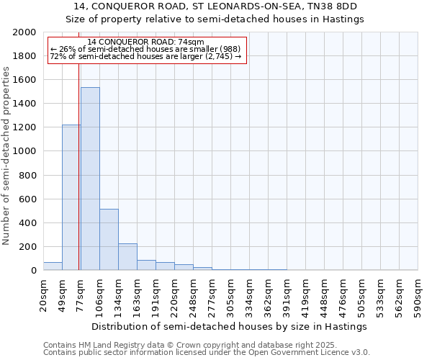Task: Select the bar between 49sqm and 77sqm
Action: point(71,197)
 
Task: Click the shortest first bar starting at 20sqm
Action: point(53,266)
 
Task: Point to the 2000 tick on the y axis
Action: point(26,32)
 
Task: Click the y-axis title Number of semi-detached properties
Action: point(8,156)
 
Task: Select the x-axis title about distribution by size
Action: point(230,326)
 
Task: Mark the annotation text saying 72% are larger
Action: point(146,56)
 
